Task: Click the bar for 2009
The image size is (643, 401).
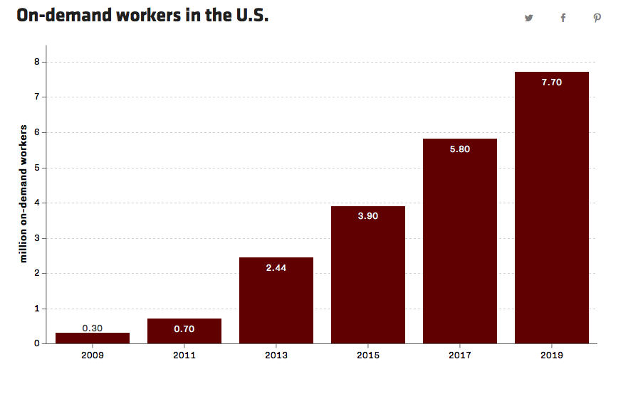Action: pyautogui.click(x=93, y=338)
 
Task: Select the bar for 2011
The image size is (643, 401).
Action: pyautogui.click(x=184, y=331)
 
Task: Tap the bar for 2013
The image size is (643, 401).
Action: pyautogui.click(x=276, y=301)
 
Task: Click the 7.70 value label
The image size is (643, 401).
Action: pyautogui.click(x=552, y=82)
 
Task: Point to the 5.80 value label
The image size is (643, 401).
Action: pyautogui.click(x=460, y=149)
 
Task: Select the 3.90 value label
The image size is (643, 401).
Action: pyautogui.click(x=368, y=216)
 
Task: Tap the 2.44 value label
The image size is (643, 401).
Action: pyautogui.click(x=276, y=268)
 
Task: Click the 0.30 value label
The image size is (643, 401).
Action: pyautogui.click(x=93, y=328)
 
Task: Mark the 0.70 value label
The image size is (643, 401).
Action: pyautogui.click(x=184, y=329)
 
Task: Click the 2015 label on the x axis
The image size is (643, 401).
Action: pyautogui.click(x=368, y=355)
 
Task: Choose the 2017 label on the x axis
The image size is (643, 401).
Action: pyautogui.click(x=460, y=355)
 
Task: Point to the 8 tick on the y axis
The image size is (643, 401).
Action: pyautogui.click(x=36, y=62)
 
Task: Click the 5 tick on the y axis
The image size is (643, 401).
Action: pyautogui.click(x=36, y=168)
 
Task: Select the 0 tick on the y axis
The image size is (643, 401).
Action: pyautogui.click(x=36, y=344)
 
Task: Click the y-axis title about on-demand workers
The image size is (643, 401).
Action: pyautogui.click(x=23, y=193)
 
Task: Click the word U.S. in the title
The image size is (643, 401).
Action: pyautogui.click(x=252, y=16)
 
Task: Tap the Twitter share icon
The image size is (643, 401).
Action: pyautogui.click(x=529, y=18)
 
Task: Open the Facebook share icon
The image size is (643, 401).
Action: pyautogui.click(x=563, y=18)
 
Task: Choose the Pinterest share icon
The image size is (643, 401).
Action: pyautogui.click(x=597, y=18)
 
